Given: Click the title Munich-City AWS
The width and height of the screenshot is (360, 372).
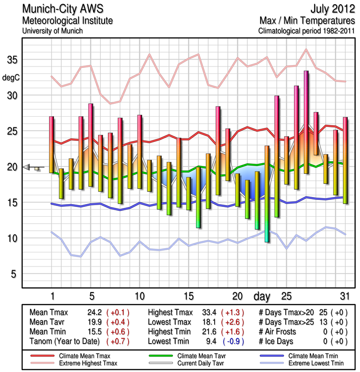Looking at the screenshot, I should point(63,9).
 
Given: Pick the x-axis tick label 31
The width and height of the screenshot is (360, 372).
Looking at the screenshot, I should point(345,296).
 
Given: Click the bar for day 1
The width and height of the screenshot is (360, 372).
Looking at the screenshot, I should point(52,144).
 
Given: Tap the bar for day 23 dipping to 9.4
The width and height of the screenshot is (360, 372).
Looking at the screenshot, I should point(267,193).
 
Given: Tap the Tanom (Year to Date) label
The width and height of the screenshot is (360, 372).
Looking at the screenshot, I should point(65,341).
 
